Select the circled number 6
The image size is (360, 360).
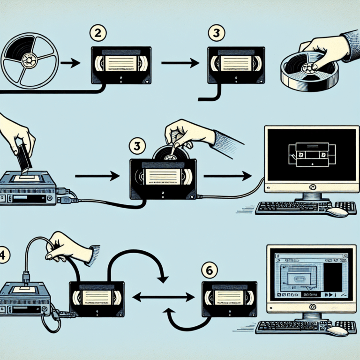tap(209, 271)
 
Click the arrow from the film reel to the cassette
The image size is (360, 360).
tap(71, 62)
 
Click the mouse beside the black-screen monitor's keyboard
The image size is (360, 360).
tap(337, 212)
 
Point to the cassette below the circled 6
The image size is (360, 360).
tap(229, 298)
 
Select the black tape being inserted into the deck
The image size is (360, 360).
tap(22, 159)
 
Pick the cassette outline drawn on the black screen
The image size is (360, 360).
tap(309, 153)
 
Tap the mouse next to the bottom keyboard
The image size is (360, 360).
tap(337, 331)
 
